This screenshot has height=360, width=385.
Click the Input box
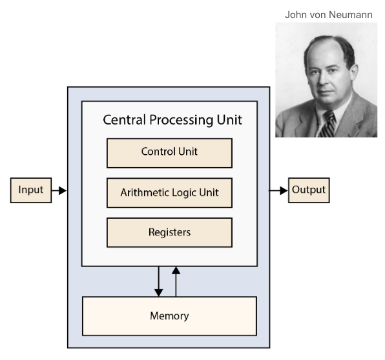(31, 190)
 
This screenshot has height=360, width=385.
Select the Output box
(309, 190)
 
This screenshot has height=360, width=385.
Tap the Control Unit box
(169, 152)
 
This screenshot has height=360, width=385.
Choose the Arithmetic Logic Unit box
(169, 192)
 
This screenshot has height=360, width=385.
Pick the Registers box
(169, 232)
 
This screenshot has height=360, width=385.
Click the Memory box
(169, 316)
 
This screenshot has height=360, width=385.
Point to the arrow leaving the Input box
(59, 190)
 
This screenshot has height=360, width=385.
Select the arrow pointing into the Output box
(279, 190)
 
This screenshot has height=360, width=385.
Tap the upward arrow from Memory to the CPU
(176, 281)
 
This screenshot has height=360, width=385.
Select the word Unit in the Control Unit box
(189, 152)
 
